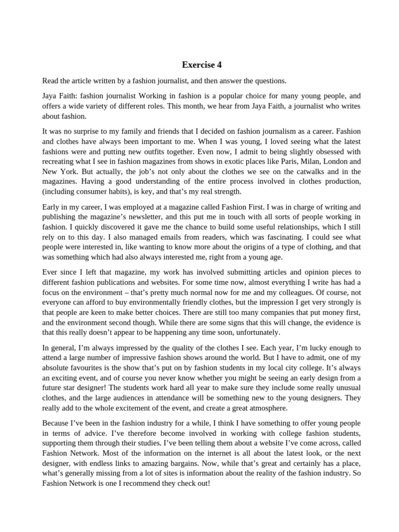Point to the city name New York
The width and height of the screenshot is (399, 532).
pyautogui.click(x=57, y=171)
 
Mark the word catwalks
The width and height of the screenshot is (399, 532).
pyautogui.click(x=300, y=171)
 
